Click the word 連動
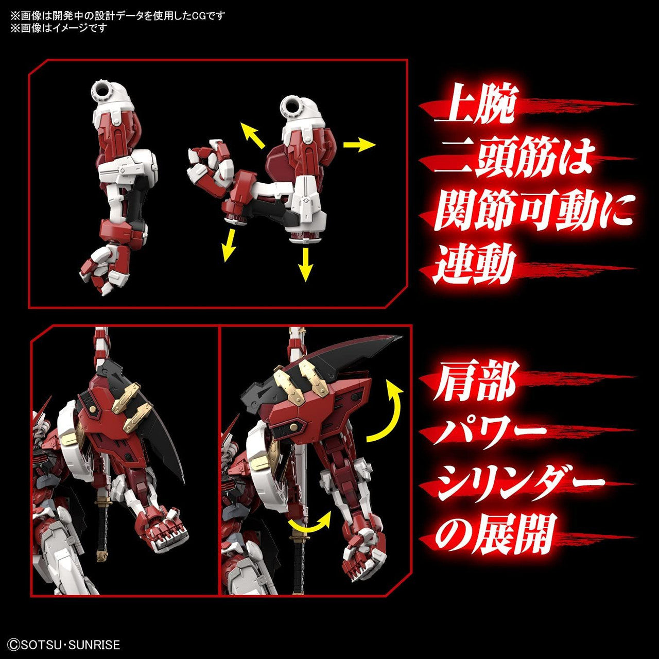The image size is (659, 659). [x=474, y=266]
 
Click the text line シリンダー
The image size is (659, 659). [x=520, y=483]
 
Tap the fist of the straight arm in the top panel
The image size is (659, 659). [x=103, y=268]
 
